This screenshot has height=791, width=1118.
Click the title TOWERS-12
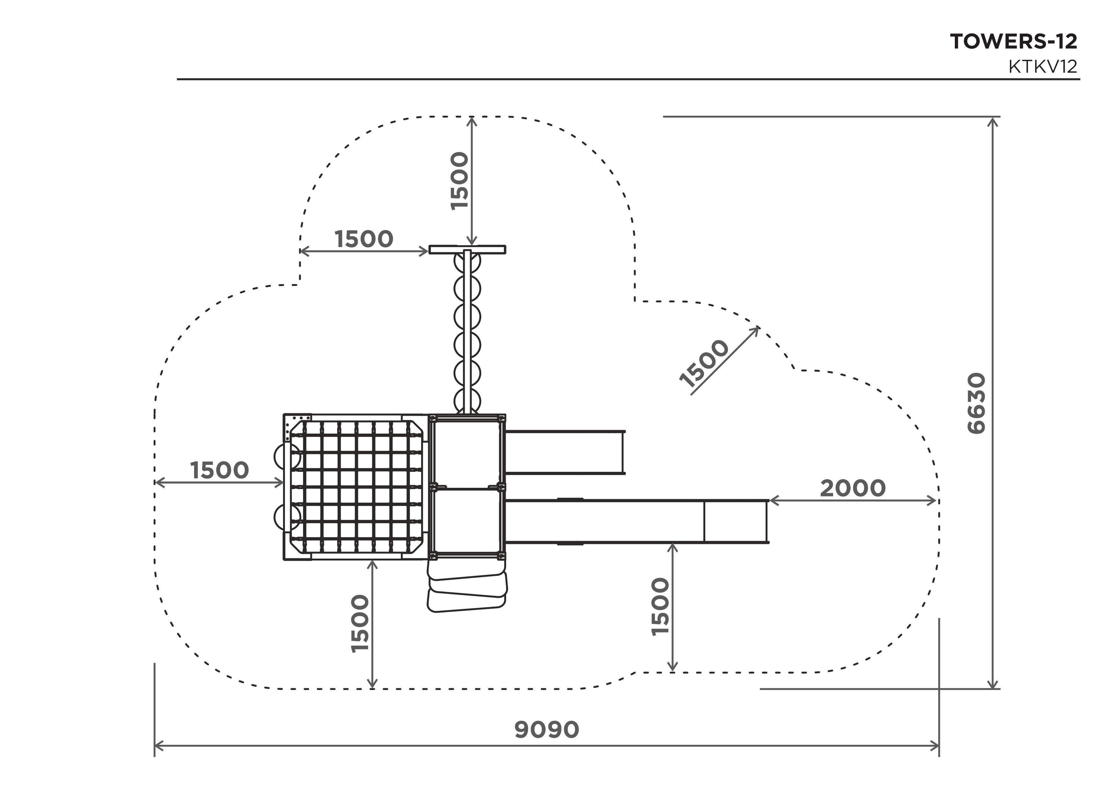tap(1013, 41)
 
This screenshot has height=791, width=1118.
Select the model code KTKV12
tap(1043, 66)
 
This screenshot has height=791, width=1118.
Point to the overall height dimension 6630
tap(976, 403)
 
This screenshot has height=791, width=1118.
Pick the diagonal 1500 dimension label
tap(704, 363)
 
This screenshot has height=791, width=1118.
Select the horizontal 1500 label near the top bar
tap(364, 239)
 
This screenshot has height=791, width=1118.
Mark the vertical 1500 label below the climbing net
tap(360, 624)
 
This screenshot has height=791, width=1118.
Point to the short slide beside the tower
tap(565, 452)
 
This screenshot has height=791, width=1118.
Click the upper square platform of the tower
tap(467, 452)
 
